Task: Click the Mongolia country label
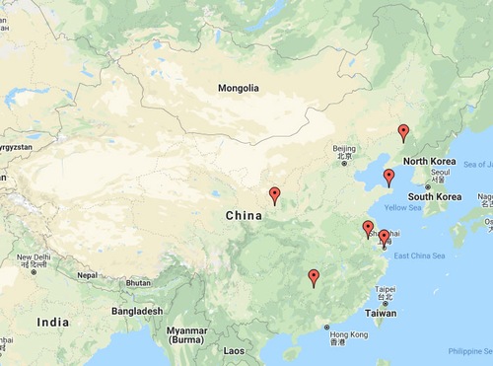[238, 88]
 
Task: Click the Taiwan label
[381, 313]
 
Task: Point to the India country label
[52, 323]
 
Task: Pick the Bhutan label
[138, 283]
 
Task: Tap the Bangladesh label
[136, 311]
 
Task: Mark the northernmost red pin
[402, 132]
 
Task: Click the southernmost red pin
[314, 277]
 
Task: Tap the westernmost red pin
[275, 195]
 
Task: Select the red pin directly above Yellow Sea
[388, 178]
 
